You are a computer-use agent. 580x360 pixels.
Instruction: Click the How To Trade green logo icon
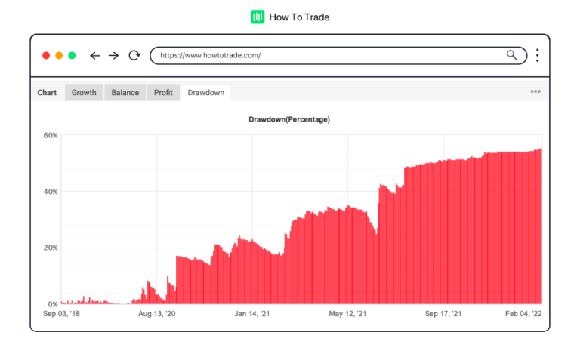tap(258, 17)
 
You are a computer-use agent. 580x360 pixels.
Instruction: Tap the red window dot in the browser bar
tap(46, 55)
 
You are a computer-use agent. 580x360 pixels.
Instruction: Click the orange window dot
tap(59, 55)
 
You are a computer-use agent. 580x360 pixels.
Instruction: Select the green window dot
tap(72, 55)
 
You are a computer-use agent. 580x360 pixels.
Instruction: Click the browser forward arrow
tap(113, 55)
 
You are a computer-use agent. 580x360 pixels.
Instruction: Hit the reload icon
tap(134, 55)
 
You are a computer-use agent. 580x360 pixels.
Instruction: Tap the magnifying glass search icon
tap(512, 55)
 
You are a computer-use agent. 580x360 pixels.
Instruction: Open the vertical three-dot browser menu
tap(537, 55)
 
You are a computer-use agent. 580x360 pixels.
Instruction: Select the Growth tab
tap(84, 93)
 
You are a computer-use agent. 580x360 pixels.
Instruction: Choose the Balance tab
tap(125, 93)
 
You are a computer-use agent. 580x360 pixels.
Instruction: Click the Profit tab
tap(163, 93)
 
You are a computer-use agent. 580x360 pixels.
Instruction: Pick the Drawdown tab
tap(206, 93)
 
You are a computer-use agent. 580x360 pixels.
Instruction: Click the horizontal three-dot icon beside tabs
tap(535, 91)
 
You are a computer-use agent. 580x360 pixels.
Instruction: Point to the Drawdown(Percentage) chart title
tap(289, 119)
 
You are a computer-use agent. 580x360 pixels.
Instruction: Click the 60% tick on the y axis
tap(51, 136)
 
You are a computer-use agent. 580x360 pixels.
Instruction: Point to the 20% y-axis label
tap(51, 248)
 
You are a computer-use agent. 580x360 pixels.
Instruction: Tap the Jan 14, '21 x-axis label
tap(251, 313)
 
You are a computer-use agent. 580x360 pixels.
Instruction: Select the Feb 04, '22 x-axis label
tap(523, 313)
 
